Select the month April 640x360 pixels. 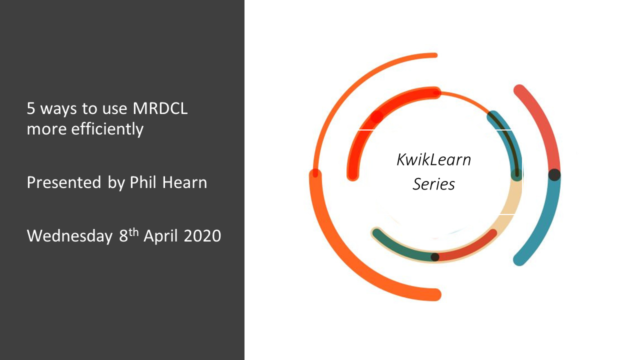point(161,238)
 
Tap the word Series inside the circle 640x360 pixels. point(432,184)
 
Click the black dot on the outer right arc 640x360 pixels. point(554,175)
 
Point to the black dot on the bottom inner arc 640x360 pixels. point(434,257)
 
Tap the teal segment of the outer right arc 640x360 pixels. point(544,225)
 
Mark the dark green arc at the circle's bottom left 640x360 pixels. point(395,246)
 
